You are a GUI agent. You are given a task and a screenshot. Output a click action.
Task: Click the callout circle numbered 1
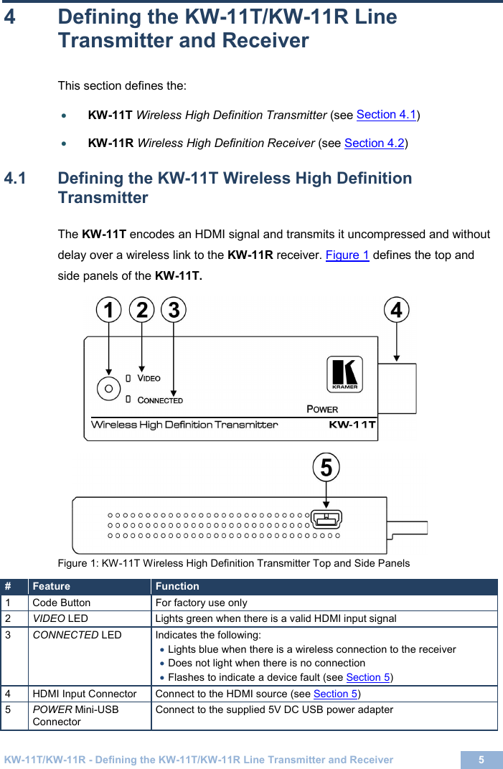pyautogui.click(x=108, y=311)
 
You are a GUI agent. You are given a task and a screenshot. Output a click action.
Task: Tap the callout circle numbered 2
pyautogui.click(x=142, y=311)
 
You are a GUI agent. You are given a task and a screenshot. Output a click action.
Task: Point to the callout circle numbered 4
pyautogui.click(x=397, y=311)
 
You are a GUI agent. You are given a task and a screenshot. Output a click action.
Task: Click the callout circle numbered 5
pyautogui.click(x=326, y=468)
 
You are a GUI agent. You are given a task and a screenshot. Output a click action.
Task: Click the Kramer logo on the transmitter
pyautogui.click(x=345, y=374)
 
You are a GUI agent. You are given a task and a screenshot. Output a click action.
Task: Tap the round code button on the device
pyautogui.click(x=108, y=387)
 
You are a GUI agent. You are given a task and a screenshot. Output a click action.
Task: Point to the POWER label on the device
pyautogui.click(x=322, y=409)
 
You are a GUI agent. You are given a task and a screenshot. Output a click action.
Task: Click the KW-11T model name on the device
pyautogui.click(x=352, y=425)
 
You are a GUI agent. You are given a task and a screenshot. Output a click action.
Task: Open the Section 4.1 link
pyautogui.click(x=387, y=115)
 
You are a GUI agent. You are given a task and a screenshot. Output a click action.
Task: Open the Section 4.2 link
pyautogui.click(x=375, y=143)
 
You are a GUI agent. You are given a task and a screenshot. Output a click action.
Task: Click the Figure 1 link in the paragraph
pyautogui.click(x=347, y=255)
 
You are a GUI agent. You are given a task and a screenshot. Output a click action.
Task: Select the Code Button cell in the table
pyautogui.click(x=62, y=603)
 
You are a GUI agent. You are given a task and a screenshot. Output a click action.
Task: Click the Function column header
pyautogui.click(x=177, y=587)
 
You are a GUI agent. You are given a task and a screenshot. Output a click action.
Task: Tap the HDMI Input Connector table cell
pyautogui.click(x=85, y=694)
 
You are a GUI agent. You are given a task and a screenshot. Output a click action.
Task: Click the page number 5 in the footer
pyautogui.click(x=481, y=760)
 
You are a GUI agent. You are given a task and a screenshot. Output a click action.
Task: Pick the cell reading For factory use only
pyautogui.click(x=202, y=603)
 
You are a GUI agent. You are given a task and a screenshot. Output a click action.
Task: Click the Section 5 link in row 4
pyautogui.click(x=335, y=694)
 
